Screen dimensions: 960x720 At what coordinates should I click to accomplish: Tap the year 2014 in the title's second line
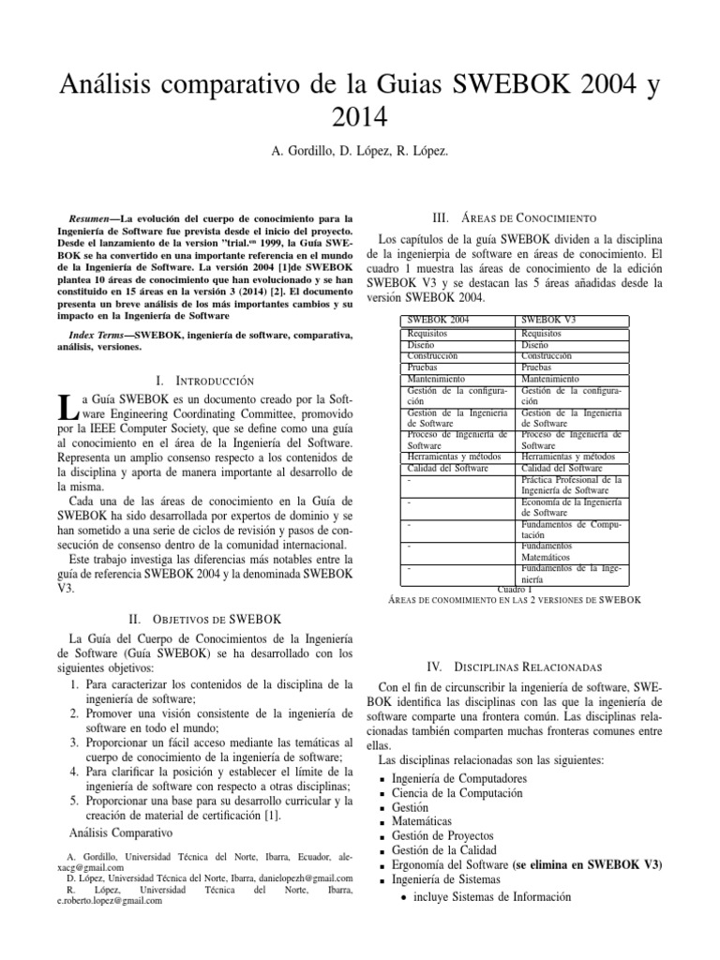(359, 117)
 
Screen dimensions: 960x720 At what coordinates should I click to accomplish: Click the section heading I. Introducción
(204, 381)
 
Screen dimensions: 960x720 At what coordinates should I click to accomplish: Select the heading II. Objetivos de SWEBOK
(204, 618)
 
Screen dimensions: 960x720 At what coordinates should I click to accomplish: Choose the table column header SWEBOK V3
(550, 321)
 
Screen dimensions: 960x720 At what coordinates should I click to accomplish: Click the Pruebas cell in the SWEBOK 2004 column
(423, 367)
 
